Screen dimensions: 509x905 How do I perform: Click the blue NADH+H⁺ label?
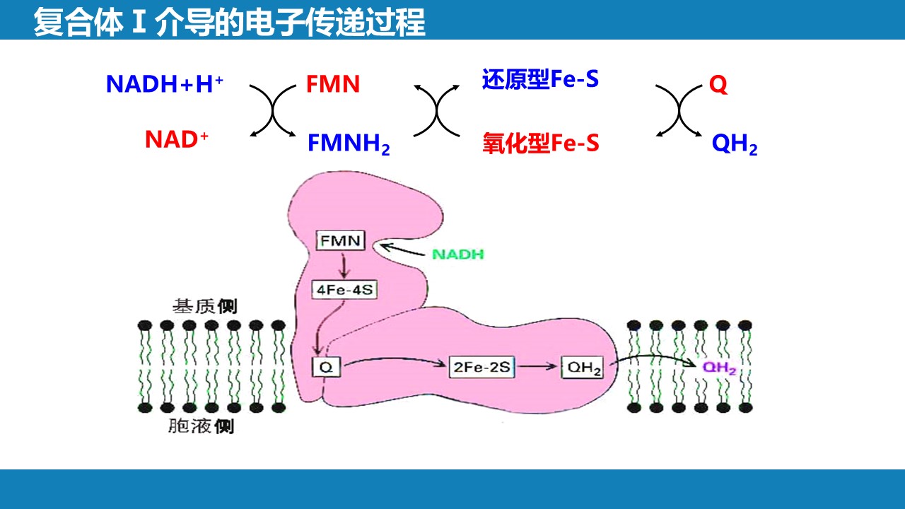tap(165, 84)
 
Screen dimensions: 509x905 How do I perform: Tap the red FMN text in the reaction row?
tap(333, 85)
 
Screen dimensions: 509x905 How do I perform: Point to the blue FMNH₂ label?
tap(349, 144)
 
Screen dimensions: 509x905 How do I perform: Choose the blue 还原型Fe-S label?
tap(540, 79)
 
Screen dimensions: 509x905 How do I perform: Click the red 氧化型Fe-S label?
tap(541, 144)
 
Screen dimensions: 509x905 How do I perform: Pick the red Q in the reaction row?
tap(718, 86)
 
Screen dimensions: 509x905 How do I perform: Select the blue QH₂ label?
tap(735, 144)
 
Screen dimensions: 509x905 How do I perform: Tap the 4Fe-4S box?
tap(344, 288)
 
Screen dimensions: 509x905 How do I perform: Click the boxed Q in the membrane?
tap(327, 367)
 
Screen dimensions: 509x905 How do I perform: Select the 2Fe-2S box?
tap(482, 368)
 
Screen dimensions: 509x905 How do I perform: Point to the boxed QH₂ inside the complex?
tap(583, 368)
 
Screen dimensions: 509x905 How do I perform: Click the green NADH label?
tap(457, 255)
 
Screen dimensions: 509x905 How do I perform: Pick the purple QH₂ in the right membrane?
tap(719, 368)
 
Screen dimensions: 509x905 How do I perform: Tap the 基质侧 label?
tap(205, 307)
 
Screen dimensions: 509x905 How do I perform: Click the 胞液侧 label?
tap(202, 426)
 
